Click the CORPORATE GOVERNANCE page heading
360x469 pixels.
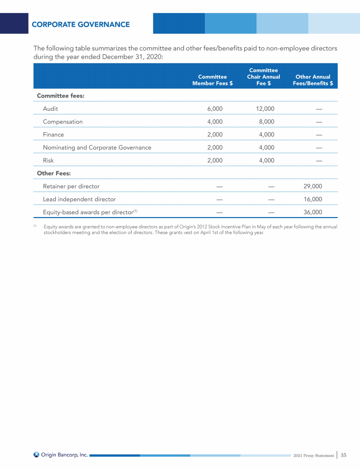pos(81,24)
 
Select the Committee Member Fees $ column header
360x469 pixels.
pos(212,80)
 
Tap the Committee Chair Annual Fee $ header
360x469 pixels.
pos(263,77)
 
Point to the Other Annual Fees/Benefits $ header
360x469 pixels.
pos(313,80)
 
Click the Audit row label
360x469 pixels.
pos(51,109)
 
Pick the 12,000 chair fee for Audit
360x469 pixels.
pos(265,109)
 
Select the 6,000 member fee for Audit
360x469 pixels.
pos(215,109)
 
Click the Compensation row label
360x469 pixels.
pos(63,122)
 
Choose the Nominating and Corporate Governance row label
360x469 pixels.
pos(97,148)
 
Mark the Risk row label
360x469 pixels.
pos(48,160)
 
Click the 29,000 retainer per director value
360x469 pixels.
pos(313,186)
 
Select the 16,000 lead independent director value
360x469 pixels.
pos(313,199)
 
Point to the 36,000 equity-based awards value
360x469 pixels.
pos(313,212)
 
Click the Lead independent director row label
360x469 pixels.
pos(79,199)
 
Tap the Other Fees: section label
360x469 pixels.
pos(54,174)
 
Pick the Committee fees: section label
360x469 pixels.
pos(60,96)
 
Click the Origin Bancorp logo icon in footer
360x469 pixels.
pos(37,454)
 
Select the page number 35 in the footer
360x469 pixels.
pos(344,455)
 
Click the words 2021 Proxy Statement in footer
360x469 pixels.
pos(313,455)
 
